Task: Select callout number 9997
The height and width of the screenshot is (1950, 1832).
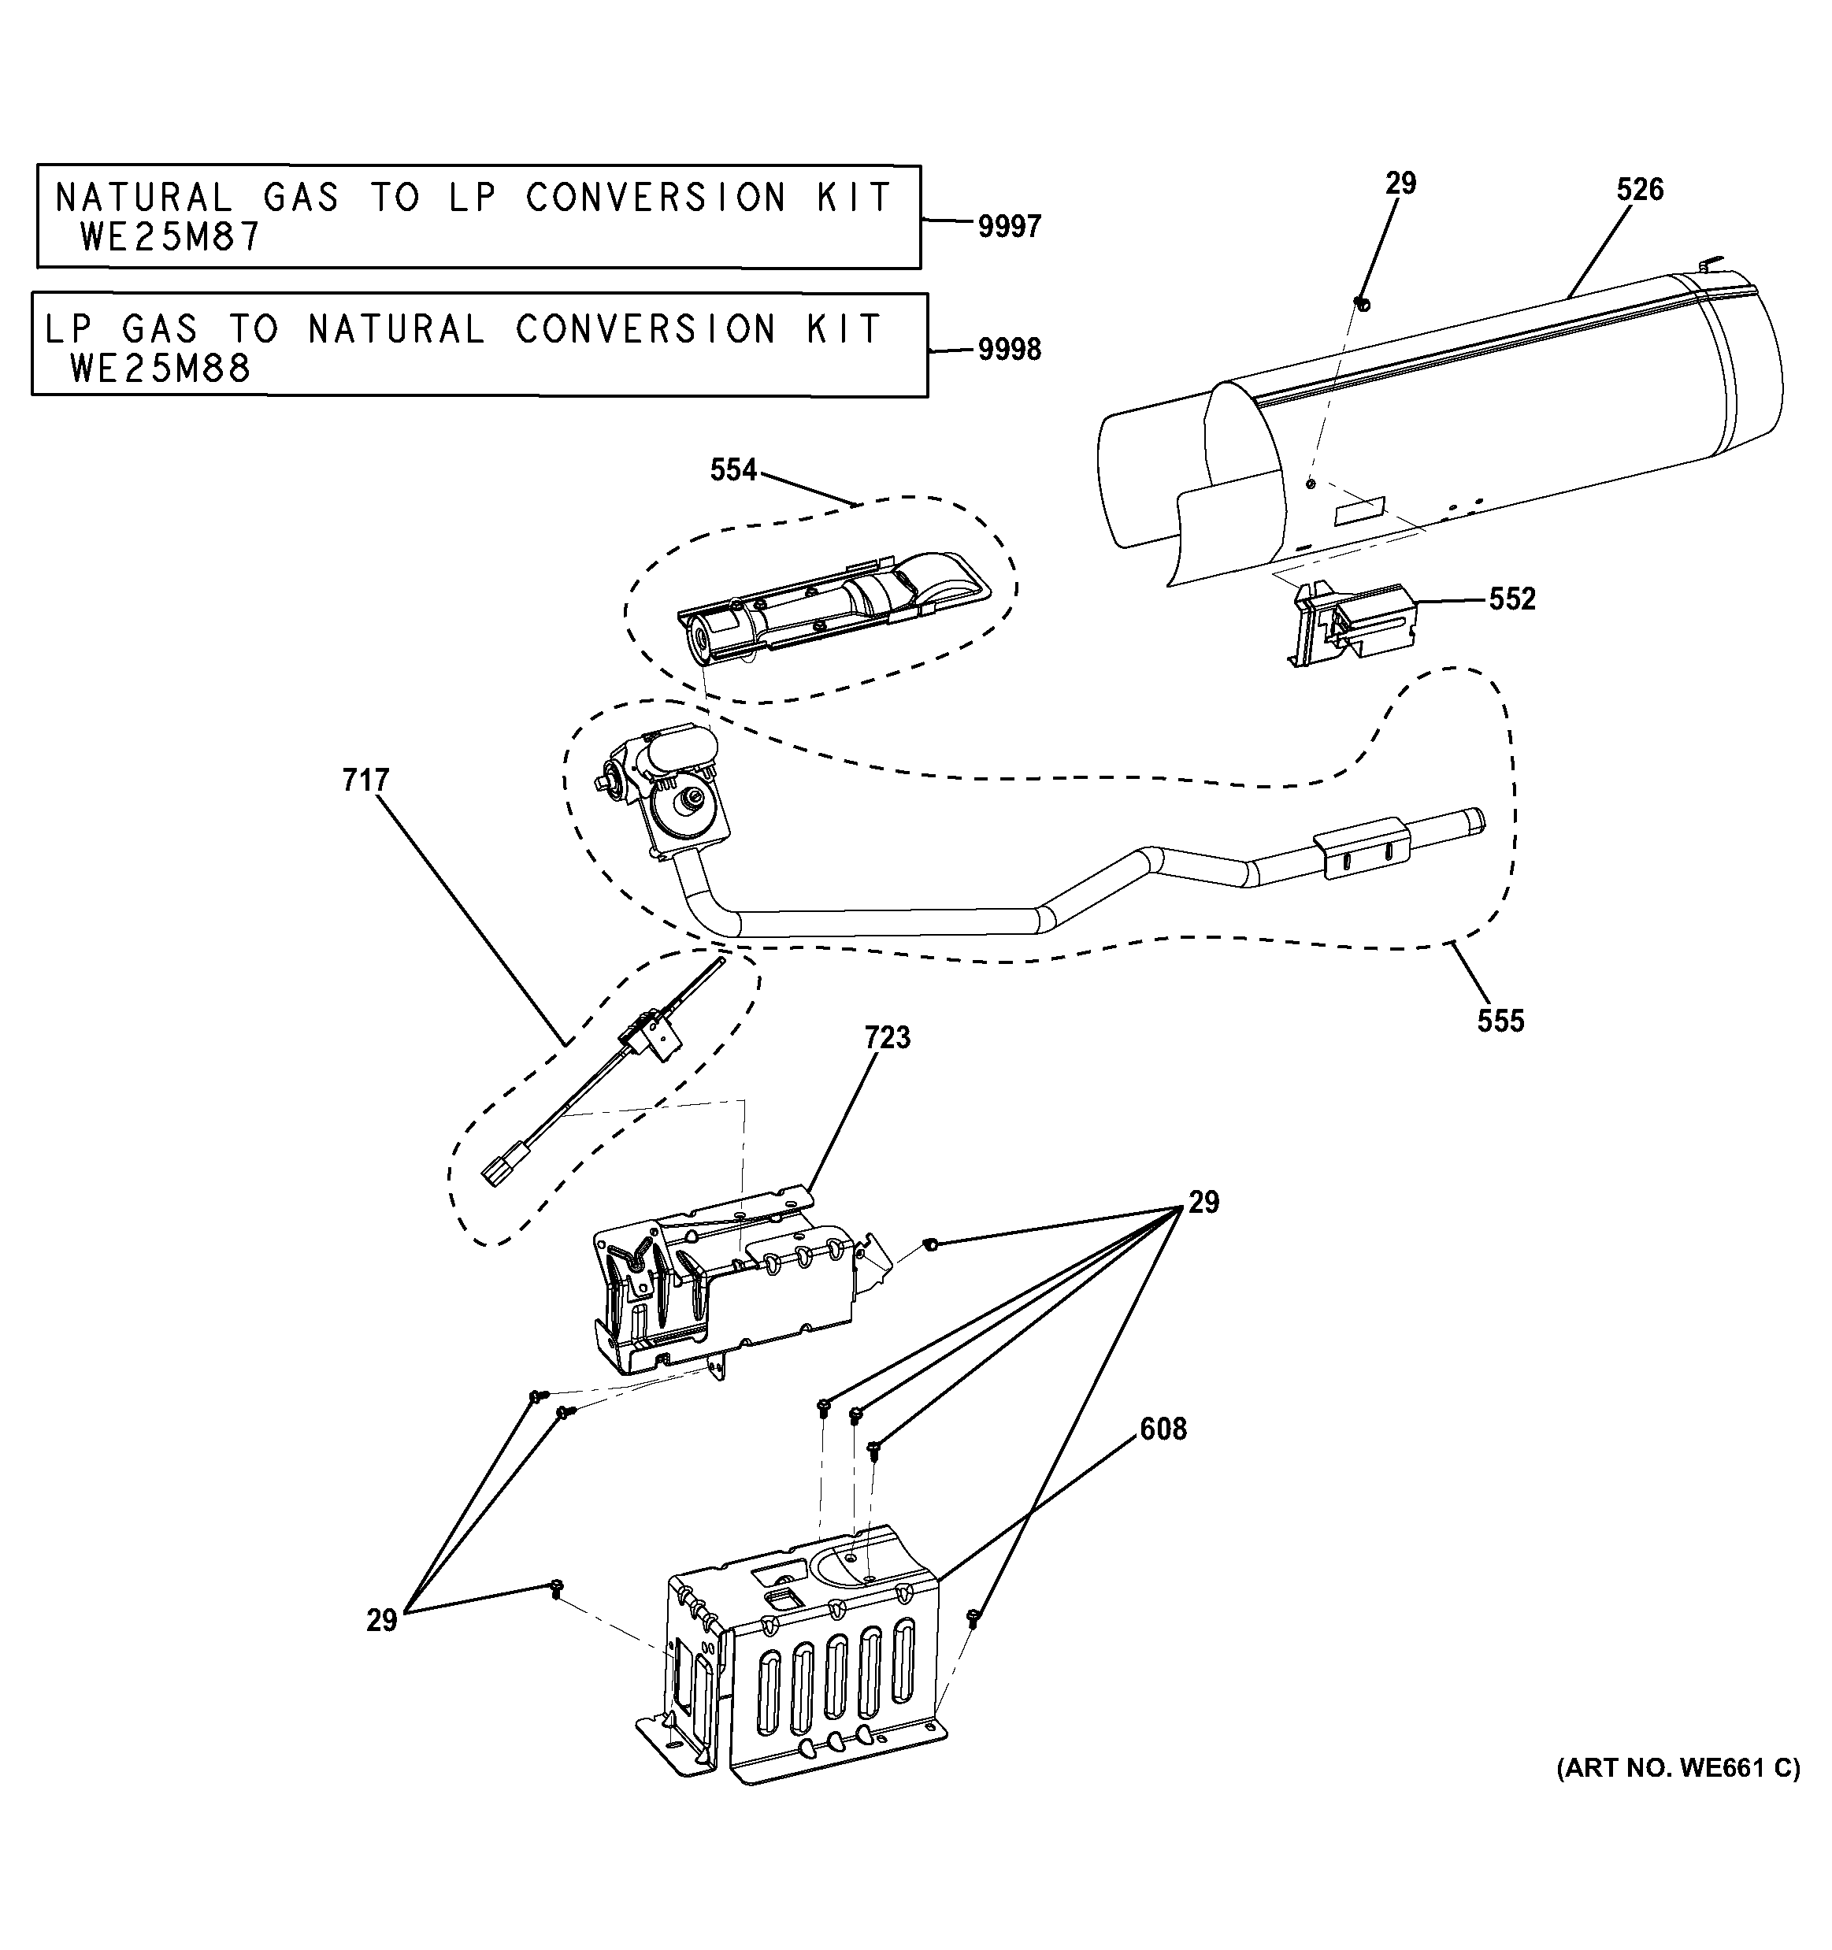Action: pyautogui.click(x=1008, y=227)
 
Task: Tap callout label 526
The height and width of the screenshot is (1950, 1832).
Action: pyautogui.click(x=1639, y=189)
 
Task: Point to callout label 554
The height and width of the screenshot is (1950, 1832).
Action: pyautogui.click(x=732, y=471)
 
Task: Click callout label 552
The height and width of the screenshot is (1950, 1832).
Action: pyautogui.click(x=1511, y=599)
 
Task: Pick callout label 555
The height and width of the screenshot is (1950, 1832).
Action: pyautogui.click(x=1500, y=1021)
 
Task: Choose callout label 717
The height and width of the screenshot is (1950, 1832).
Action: pyautogui.click(x=365, y=780)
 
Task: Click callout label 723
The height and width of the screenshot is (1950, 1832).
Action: pyautogui.click(x=887, y=1038)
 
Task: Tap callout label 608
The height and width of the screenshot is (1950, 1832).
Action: pyautogui.click(x=1163, y=1430)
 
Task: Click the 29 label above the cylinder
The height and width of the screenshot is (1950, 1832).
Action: pyautogui.click(x=1400, y=184)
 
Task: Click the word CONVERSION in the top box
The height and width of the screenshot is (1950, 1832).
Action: pyautogui.click(x=655, y=198)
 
